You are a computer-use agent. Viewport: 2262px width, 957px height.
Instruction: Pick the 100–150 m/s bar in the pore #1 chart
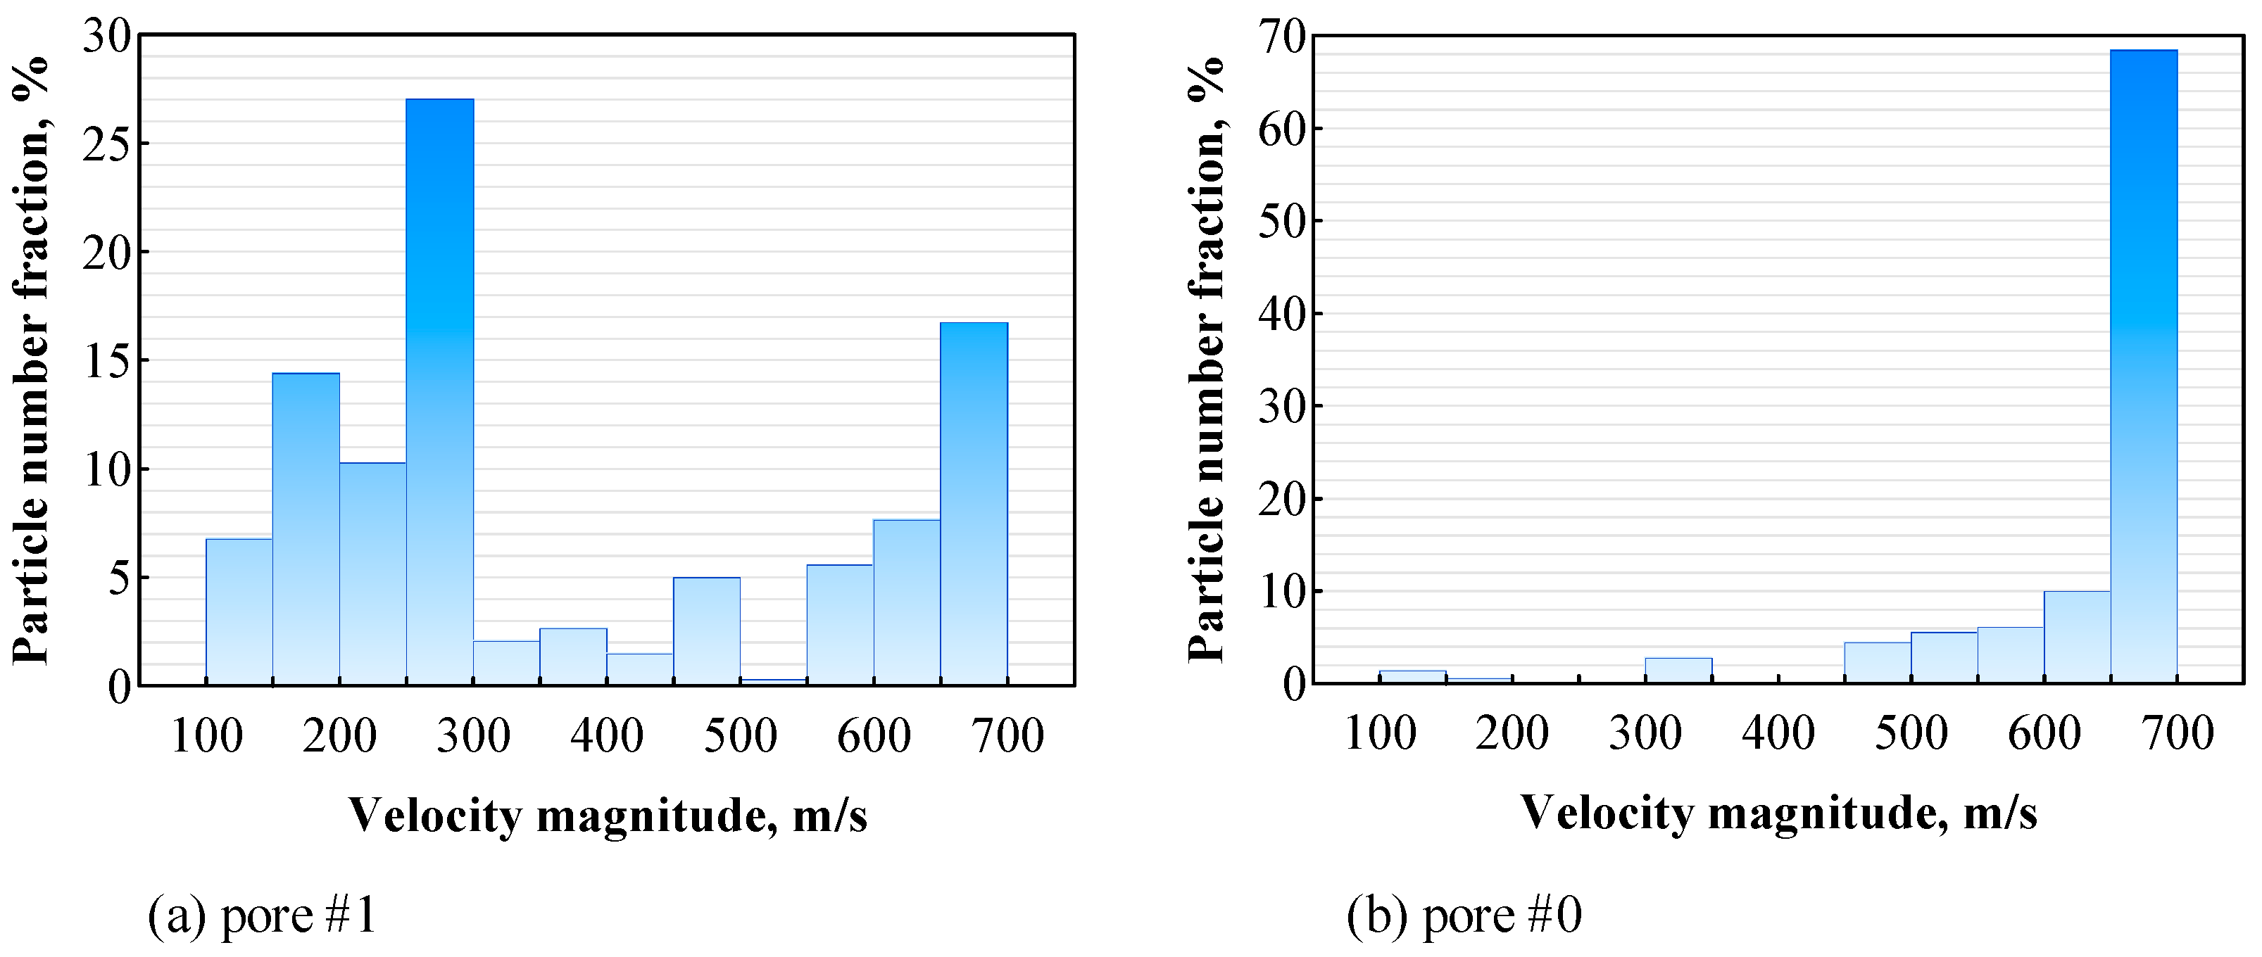coord(239,611)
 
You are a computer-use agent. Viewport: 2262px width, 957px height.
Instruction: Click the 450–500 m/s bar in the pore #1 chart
coord(707,630)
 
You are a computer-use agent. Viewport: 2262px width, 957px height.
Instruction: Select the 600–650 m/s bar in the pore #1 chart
coord(907,602)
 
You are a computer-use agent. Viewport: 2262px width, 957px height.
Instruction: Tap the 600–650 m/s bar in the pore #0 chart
coord(2077,637)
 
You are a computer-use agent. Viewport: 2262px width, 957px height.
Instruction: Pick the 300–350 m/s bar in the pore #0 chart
coord(1678,670)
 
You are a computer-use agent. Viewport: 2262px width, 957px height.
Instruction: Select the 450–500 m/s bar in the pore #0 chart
coord(1878,662)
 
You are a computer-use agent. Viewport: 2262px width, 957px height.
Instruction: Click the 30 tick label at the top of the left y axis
coord(106,36)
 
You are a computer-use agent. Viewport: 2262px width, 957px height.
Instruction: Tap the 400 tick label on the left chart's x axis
coord(607,736)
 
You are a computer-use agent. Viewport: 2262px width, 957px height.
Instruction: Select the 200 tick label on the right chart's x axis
coord(1512,733)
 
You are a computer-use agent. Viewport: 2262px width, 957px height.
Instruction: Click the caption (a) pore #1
coord(262,915)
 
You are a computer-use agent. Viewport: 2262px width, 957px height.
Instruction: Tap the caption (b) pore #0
coord(1464,915)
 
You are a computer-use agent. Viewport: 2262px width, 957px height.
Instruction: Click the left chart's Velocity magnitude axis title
coord(608,815)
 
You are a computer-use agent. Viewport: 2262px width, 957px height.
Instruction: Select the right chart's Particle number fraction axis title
coord(1207,360)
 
